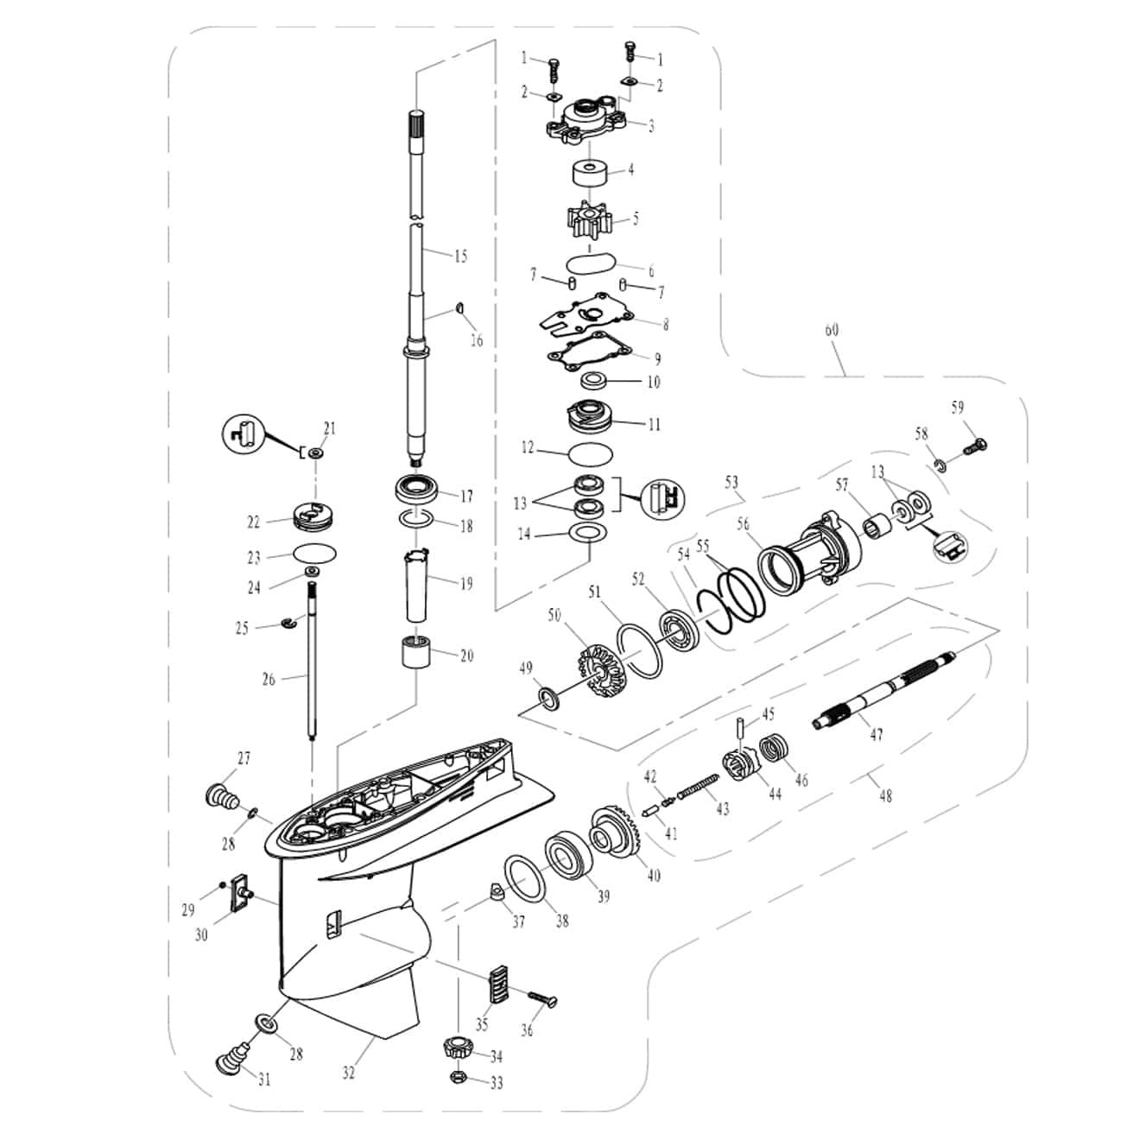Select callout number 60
832,330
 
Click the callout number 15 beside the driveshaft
460,256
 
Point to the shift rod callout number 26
269,680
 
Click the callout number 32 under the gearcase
348,1073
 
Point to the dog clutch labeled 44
739,763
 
